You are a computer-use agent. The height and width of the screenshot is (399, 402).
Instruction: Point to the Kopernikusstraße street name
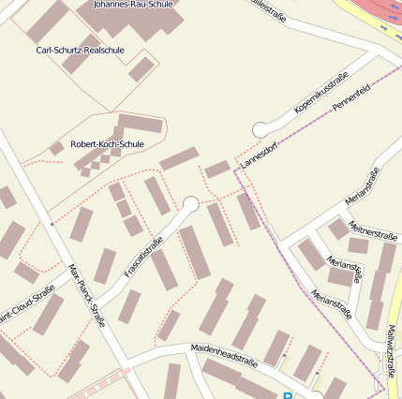pyautogui.click(x=321, y=92)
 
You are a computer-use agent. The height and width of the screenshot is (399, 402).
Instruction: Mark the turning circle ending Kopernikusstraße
pyautogui.click(x=261, y=130)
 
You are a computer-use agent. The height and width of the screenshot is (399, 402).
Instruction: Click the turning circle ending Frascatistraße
pyautogui.click(x=191, y=203)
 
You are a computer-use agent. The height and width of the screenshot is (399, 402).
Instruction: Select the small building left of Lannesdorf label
pyautogui.click(x=217, y=169)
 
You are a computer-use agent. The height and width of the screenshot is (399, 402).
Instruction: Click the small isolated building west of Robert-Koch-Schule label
pyautogui.click(x=57, y=148)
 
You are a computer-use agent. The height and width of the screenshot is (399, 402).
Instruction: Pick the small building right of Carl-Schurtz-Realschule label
pyautogui.click(x=141, y=68)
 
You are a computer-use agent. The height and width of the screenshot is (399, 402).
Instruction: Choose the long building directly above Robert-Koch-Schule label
pyautogui.click(x=141, y=123)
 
